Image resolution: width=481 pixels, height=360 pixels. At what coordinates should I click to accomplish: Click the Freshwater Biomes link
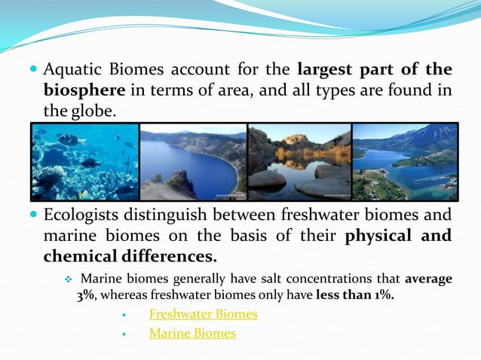coord(204,314)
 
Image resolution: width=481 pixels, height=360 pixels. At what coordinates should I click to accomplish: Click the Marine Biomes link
coord(192,333)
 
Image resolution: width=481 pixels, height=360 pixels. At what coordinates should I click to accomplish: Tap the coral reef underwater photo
coord(84,161)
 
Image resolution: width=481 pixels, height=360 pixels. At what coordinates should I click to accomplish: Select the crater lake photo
coord(193,161)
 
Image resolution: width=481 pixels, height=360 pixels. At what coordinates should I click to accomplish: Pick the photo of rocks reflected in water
coord(299,161)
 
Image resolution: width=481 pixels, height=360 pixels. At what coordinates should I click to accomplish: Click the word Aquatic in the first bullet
coord(71,70)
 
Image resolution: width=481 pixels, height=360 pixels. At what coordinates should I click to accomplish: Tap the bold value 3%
coord(85,294)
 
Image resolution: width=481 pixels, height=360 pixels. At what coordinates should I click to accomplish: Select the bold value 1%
coord(381,294)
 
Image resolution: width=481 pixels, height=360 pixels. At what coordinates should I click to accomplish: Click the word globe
coord(94,111)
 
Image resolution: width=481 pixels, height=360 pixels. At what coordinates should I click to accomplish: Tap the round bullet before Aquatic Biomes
coord(32,70)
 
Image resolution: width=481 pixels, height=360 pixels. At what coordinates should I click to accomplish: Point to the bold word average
coord(428,279)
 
